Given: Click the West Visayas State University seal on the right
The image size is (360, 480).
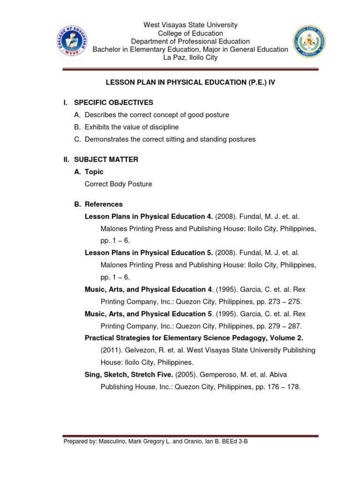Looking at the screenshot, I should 309,42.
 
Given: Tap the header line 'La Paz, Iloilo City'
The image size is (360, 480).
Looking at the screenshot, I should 190,58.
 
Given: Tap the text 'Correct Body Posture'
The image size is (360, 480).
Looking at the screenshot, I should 118,184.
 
